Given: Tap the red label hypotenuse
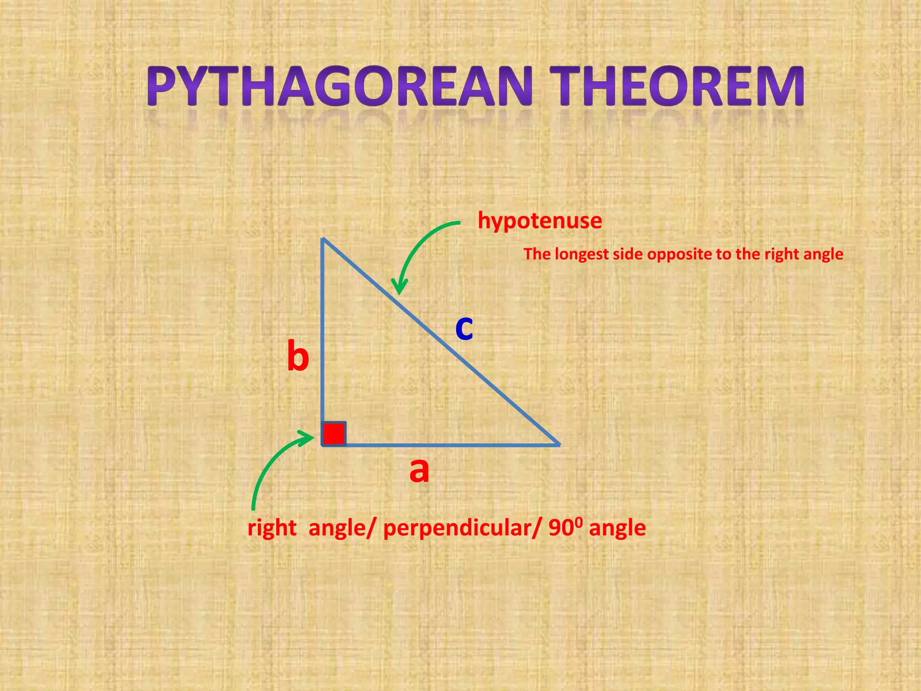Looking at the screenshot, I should point(540,221).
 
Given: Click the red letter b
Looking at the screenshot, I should point(298,356).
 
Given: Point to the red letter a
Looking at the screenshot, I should point(419,471).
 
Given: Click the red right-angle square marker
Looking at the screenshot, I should point(334,433).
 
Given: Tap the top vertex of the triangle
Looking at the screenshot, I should point(323,239).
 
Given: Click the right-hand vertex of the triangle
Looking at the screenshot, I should point(559,444).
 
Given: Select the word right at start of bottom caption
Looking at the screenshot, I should point(272,528).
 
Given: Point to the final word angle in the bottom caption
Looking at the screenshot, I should point(617,528).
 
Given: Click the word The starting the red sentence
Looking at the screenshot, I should point(537,254).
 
